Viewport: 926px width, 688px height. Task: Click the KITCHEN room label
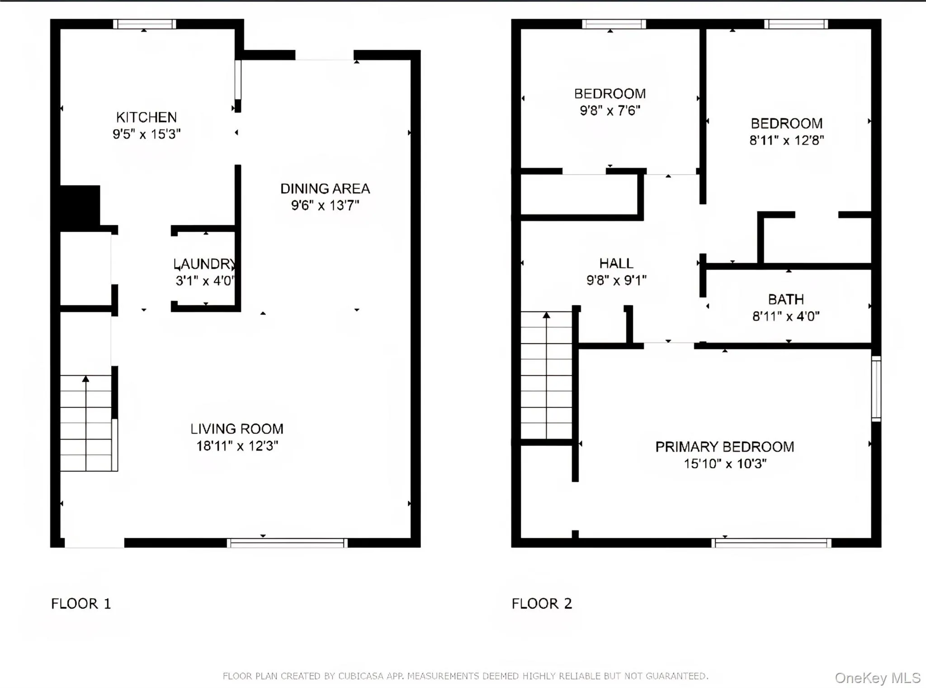146,118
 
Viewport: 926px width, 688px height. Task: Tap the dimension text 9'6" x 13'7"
325,205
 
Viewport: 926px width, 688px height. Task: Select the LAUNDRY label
205,264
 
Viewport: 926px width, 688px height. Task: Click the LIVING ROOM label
236,429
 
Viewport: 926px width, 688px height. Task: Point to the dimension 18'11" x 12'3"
236,446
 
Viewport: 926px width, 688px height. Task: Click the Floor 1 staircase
86,423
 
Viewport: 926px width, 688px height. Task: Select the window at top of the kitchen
144,24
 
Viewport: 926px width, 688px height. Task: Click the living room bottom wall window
287,543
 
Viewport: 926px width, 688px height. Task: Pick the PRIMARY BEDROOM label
724,447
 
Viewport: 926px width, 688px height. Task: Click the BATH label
786,299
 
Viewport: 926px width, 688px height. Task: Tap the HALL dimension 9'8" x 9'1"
616,280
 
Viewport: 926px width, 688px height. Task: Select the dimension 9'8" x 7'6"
610,111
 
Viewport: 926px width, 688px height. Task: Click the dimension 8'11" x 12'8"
786,141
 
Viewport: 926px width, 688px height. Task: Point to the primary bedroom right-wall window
876,389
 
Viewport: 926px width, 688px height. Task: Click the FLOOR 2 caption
542,603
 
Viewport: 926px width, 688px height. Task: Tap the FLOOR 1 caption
81,603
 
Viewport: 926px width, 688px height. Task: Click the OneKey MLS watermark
877,678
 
